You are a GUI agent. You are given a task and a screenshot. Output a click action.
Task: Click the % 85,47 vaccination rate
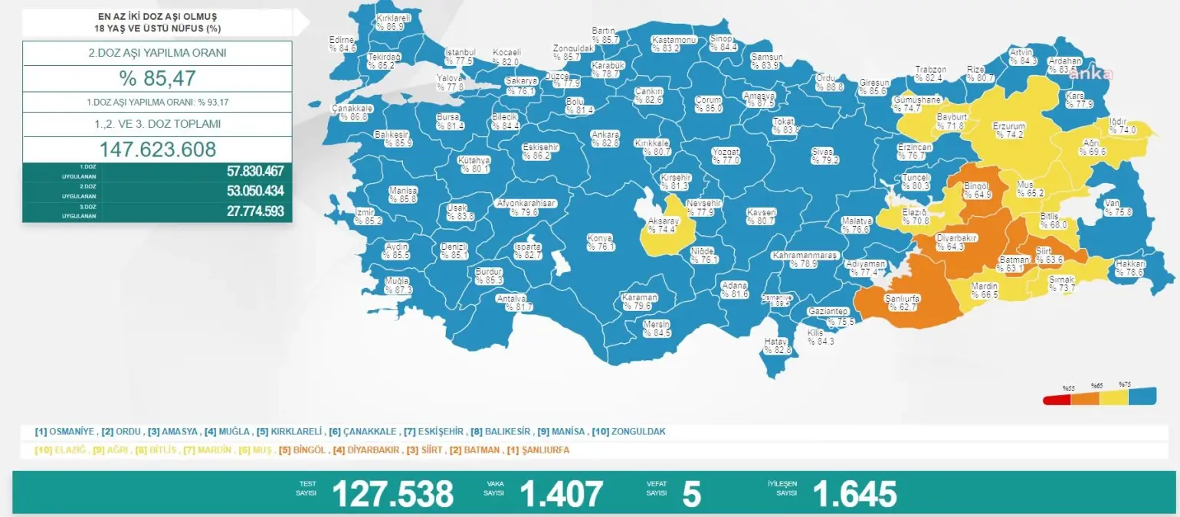[157, 78]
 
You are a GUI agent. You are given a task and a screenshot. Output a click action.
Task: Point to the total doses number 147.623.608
[157, 149]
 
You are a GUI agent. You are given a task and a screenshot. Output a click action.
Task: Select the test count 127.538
[392, 495]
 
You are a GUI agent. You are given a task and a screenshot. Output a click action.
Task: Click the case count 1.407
[561, 495]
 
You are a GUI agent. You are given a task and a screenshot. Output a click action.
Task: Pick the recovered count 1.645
[854, 495]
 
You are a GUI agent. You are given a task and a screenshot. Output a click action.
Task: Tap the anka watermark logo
[1090, 74]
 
